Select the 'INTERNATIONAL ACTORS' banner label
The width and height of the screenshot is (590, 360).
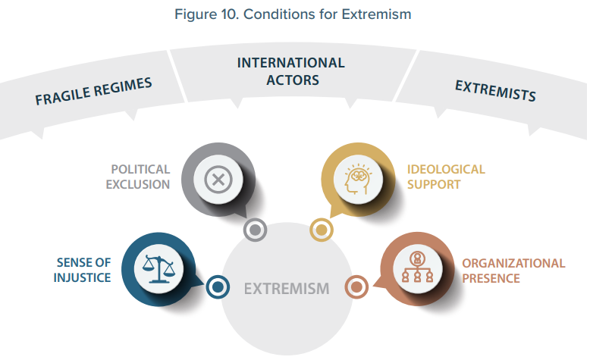(x=290, y=70)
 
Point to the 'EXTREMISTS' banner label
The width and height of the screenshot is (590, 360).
(x=495, y=90)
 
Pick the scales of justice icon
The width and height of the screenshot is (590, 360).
(x=154, y=265)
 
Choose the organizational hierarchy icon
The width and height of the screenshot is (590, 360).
(x=416, y=266)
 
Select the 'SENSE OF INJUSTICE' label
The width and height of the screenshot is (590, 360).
(x=83, y=270)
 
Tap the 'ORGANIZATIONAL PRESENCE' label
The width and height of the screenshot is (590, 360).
(x=513, y=271)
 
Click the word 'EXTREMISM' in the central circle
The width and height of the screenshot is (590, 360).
(x=287, y=288)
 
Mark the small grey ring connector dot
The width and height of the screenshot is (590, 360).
(x=256, y=229)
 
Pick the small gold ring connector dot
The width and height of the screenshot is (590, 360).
(x=321, y=229)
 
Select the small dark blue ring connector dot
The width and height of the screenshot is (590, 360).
(x=218, y=286)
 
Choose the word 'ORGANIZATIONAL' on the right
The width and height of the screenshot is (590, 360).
(x=513, y=264)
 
